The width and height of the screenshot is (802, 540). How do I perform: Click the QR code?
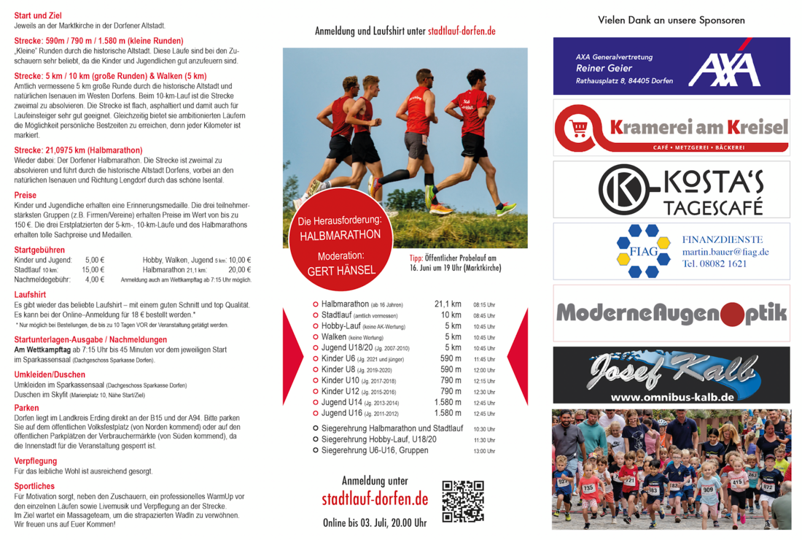[x=463, y=501]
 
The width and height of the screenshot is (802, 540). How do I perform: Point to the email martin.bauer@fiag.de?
[x=725, y=252]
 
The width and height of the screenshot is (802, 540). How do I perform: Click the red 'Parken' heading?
[x=27, y=408]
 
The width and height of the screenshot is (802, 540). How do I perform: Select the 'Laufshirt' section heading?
[x=30, y=295]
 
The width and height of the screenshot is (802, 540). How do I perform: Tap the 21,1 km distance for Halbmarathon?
[x=448, y=304]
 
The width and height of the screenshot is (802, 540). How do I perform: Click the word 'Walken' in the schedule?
[x=334, y=337]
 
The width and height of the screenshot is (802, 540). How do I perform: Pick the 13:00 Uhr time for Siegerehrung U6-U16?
[x=484, y=451]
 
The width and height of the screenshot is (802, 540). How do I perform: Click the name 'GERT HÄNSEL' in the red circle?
[x=341, y=270]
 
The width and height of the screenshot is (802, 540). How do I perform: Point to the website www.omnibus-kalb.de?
[x=671, y=397]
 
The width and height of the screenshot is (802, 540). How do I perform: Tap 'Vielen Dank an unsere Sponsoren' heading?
[x=671, y=20]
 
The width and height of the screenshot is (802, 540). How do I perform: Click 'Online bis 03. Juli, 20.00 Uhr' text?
[x=375, y=522]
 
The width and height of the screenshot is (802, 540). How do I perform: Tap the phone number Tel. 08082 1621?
[x=715, y=264]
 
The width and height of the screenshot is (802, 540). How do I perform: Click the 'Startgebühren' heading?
[x=39, y=250]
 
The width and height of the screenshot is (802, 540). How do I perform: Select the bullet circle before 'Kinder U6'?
[x=316, y=359]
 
